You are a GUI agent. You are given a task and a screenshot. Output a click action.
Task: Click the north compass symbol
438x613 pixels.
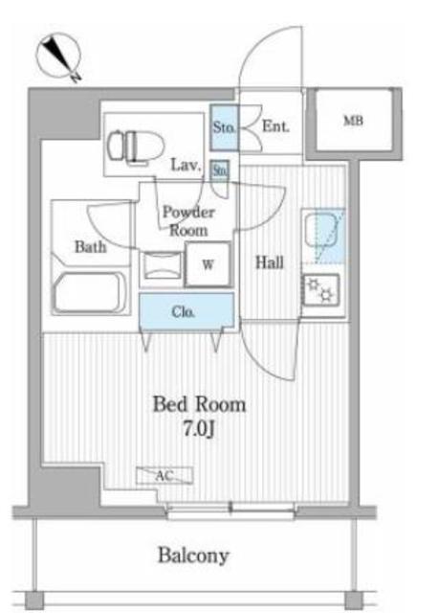pos(59,57)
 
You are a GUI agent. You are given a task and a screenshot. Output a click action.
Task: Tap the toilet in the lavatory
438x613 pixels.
pos(135,146)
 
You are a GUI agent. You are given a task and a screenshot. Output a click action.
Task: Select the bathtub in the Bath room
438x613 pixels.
pos(90,293)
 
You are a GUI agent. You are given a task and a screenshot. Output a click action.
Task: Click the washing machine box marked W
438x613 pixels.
pos(208,264)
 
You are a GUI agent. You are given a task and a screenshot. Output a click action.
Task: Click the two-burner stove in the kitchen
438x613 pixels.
pos(321,289)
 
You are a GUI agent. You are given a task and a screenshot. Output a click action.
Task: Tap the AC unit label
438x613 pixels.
pos(164,476)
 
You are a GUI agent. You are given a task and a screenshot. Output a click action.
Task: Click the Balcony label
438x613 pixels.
pos(193,556)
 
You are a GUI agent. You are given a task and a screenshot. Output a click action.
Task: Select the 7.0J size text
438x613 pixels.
pos(199,429)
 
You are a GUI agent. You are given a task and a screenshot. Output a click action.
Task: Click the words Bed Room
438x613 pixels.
pos(199,404)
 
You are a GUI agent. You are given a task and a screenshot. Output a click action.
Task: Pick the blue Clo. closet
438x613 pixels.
pos(187,311)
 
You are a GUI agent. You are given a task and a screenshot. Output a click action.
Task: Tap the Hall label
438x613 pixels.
pos(270,261)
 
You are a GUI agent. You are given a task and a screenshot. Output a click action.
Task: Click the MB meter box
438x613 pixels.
pos(353,120)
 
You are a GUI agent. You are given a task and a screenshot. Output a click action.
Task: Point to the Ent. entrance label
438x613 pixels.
pos(275,125)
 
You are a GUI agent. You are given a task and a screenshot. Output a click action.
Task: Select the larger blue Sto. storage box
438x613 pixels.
pos(224,127)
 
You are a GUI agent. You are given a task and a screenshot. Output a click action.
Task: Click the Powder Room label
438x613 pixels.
pos(188,221)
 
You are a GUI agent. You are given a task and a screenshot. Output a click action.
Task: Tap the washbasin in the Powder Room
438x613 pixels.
pos(163,266)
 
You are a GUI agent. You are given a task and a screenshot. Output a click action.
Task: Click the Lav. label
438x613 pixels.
pos(186,165)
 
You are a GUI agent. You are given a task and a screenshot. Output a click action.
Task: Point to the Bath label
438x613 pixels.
pos(90,247)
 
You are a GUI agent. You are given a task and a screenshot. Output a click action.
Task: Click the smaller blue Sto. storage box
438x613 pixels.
pos(220,170)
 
